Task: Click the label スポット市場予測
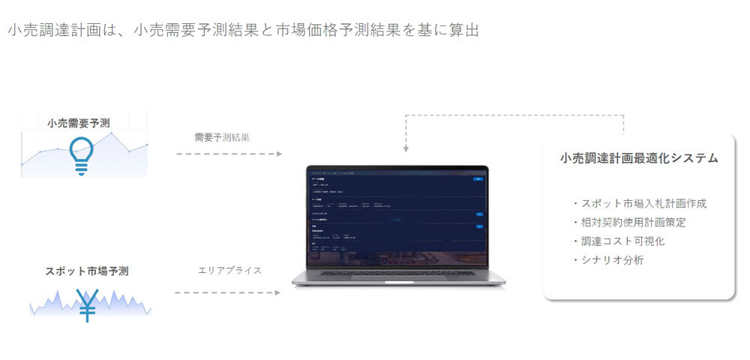87,271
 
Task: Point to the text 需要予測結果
221,137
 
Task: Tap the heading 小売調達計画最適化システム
639,158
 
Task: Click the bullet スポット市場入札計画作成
638,202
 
